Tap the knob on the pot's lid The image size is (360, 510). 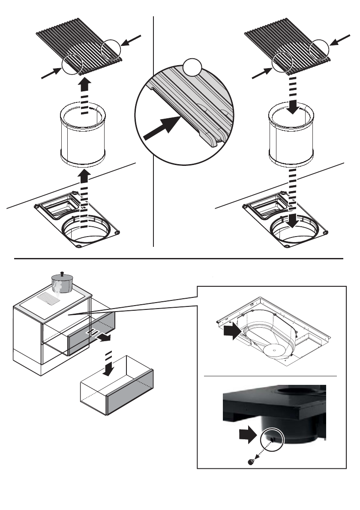[62, 273]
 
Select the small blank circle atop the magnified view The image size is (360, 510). [192, 68]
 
